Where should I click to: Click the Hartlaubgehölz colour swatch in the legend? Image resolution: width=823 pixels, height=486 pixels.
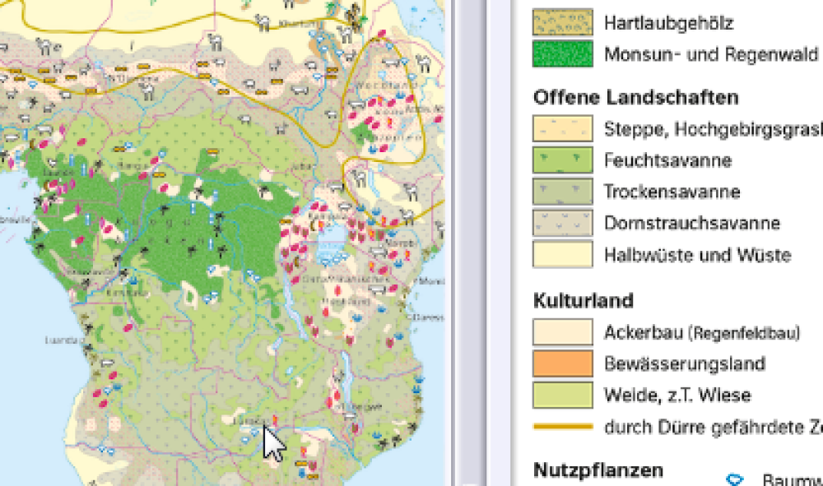click(x=563, y=22)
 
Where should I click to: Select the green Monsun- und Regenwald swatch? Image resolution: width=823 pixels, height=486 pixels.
click(x=563, y=54)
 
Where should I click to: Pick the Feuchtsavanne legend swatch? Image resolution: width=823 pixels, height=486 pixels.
click(x=563, y=160)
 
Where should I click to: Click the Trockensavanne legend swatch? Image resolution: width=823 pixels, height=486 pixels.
click(x=563, y=192)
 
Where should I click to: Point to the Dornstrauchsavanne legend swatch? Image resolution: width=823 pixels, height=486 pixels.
click(x=563, y=223)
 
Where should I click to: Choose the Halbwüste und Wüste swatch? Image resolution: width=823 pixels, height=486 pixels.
click(x=563, y=254)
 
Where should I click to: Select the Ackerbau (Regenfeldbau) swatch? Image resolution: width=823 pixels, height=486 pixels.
click(x=563, y=332)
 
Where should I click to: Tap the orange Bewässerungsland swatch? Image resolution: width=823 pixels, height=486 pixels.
click(x=563, y=363)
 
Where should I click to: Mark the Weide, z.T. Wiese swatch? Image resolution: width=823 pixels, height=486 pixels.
click(x=563, y=395)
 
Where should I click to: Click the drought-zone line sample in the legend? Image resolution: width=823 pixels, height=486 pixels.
click(x=563, y=427)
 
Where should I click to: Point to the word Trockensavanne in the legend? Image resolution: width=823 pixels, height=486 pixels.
click(x=672, y=192)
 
